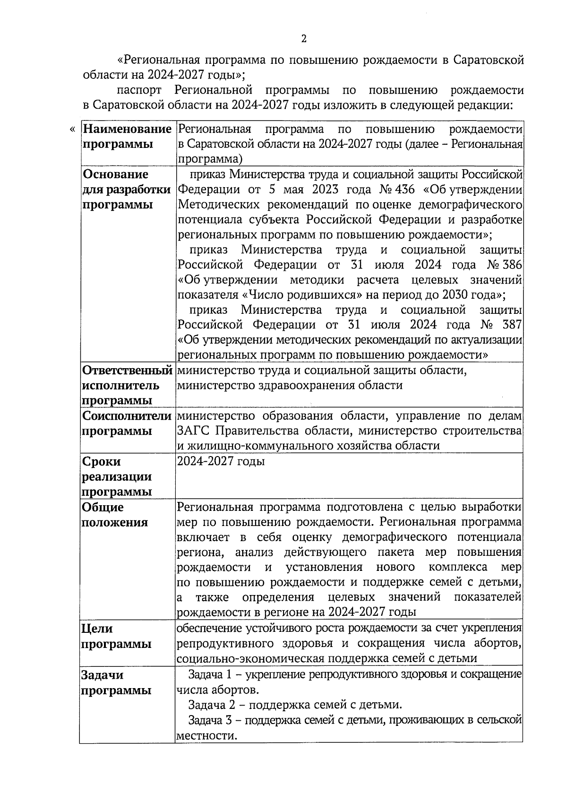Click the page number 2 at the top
coord(304,39)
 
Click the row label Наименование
coord(127,129)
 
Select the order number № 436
coord(397,190)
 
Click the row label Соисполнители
coord(127,416)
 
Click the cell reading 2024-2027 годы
coord(220,461)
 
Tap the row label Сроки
coord(102,461)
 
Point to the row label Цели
coord(97,629)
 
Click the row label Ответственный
coord(127,370)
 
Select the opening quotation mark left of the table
coord(72,129)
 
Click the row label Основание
coord(115,174)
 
